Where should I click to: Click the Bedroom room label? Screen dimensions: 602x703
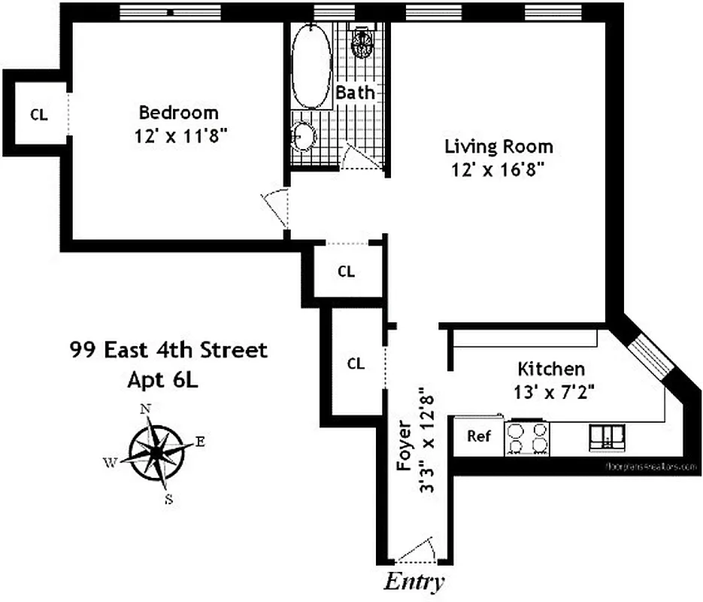click(179, 113)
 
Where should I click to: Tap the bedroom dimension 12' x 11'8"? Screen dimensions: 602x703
click(179, 138)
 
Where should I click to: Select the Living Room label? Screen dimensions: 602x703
click(498, 147)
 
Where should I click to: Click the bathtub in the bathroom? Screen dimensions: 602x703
click(311, 67)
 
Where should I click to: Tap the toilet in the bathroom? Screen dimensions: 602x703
click(362, 42)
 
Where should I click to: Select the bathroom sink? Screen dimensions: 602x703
click(304, 136)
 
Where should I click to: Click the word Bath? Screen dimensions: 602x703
click(355, 93)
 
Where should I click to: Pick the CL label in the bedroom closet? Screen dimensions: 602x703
click(38, 115)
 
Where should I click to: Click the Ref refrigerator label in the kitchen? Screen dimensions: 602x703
click(478, 436)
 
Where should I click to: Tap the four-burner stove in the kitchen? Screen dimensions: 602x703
click(527, 437)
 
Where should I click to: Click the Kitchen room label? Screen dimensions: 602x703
click(551, 369)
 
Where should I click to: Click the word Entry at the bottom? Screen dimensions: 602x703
click(414, 582)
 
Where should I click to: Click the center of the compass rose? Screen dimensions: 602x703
click(156, 452)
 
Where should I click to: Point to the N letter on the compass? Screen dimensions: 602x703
click(145, 409)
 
